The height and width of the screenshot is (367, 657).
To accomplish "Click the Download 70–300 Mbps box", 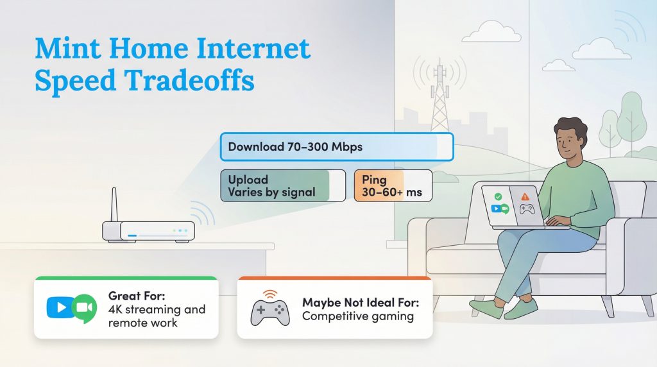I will pos(336,147).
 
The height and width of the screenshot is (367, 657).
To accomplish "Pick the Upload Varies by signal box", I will pos(282,185).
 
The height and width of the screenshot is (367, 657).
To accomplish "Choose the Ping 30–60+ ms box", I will pos(393,185).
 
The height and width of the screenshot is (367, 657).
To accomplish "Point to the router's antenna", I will pos(114,205).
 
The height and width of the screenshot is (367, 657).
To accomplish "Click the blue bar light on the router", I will pos(132,235).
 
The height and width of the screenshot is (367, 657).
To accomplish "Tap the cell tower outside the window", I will pos(439,96).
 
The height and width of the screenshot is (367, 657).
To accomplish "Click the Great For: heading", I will pos(137,296).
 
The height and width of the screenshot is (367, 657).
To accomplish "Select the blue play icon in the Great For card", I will pos(60,307).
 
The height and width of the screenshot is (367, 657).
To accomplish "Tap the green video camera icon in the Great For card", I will pos(83,309).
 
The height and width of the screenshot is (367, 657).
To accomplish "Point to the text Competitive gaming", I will pos(357,316).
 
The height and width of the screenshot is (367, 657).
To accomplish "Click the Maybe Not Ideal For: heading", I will pos(360,302).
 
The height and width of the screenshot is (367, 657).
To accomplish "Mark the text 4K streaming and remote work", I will pos(157,316).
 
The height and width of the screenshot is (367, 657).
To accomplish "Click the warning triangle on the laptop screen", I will pos(525,197).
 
